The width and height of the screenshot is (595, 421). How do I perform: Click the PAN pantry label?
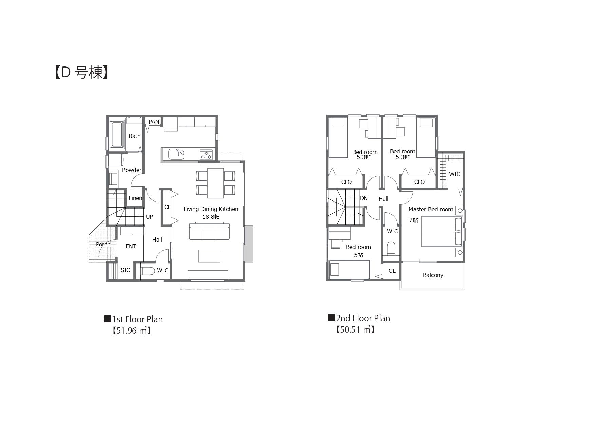click(x=154, y=122)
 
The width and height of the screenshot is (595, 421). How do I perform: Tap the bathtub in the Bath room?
click(x=116, y=135)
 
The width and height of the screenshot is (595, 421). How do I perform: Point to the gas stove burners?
click(x=206, y=154)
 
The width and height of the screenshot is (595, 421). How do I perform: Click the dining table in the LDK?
click(x=215, y=183)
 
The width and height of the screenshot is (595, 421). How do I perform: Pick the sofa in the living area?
click(x=209, y=231)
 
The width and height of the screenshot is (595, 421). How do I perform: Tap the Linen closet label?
click(x=135, y=198)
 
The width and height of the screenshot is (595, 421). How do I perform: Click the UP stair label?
click(x=149, y=217)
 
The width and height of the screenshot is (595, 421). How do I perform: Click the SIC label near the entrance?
click(x=125, y=270)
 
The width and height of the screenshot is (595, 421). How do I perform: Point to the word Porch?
click(x=103, y=244)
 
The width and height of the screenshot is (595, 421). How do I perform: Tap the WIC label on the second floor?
click(x=455, y=174)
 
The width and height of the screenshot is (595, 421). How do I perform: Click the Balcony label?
click(x=433, y=275)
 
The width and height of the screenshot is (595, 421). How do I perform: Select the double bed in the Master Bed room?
click(x=441, y=232)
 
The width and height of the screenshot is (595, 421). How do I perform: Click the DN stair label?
click(x=364, y=198)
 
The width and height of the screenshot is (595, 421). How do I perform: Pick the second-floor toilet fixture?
click(x=391, y=248)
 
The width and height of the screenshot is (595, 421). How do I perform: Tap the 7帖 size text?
click(x=414, y=220)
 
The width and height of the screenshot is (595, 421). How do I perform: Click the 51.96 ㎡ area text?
click(x=132, y=331)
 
